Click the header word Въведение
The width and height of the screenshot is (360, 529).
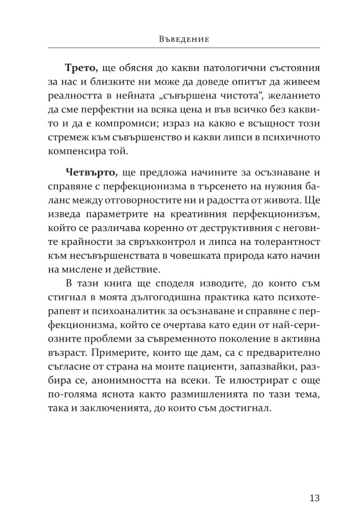click(x=183, y=39)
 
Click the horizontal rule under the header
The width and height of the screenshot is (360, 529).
click(x=183, y=48)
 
